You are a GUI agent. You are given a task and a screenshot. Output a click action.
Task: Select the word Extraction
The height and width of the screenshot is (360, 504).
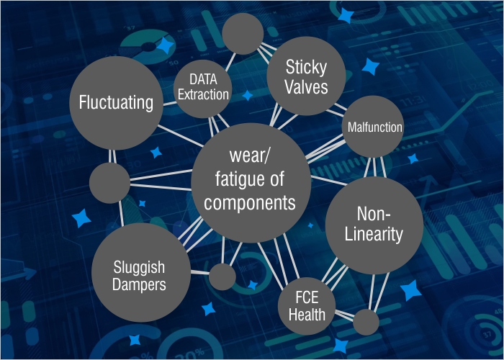coord(203,94)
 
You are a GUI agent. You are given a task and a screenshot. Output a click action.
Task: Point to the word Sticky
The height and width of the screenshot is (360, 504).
coord(306,68)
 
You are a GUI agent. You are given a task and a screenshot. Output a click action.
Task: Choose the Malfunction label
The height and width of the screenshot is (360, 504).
coord(374,127)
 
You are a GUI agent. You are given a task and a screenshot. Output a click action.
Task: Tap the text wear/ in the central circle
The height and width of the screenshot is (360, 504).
coord(248,156)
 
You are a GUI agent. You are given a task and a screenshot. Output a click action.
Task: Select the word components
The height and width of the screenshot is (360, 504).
coord(249,202)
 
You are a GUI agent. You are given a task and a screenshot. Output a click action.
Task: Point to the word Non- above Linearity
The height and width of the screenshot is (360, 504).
coord(373,214)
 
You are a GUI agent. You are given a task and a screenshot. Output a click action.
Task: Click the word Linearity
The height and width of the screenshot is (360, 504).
coord(373,234)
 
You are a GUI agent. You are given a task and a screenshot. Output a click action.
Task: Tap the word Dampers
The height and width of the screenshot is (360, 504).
coord(140,284)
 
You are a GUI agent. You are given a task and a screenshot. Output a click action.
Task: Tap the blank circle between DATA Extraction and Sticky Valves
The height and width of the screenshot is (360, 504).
coord(241,32)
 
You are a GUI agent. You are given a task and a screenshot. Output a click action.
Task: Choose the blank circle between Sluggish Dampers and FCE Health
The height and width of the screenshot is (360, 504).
coord(222,276)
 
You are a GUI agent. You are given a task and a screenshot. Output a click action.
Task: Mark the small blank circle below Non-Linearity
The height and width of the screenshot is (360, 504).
coord(366,321)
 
